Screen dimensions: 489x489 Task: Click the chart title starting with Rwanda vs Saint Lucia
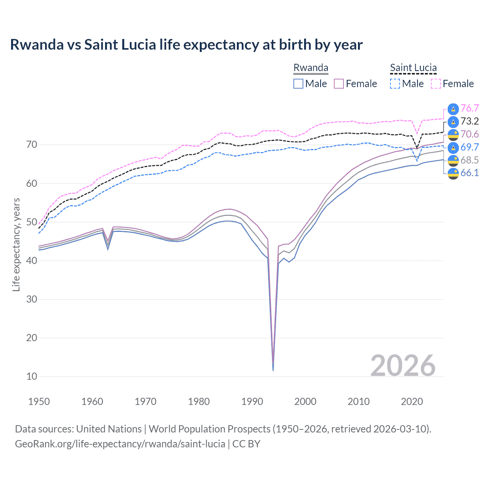tap(186, 45)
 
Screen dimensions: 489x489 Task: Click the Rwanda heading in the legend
tap(311, 68)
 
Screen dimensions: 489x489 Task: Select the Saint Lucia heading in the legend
tap(413, 68)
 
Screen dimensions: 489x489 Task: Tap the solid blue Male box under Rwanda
tap(298, 84)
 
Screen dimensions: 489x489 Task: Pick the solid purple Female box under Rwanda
tap(339, 84)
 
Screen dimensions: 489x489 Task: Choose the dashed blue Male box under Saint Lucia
tap(395, 84)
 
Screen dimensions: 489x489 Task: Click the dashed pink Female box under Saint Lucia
tap(436, 84)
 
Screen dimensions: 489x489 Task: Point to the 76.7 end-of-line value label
tap(470, 108)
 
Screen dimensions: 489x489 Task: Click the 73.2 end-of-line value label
tap(470, 121)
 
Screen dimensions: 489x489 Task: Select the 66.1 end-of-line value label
tap(470, 173)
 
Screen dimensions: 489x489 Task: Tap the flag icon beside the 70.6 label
tap(453, 134)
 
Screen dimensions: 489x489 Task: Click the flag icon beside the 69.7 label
tap(453, 147)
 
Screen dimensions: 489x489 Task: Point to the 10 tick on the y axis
tap(32, 377)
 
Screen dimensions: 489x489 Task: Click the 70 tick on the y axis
tap(32, 145)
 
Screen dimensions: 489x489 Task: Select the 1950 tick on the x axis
tap(39, 402)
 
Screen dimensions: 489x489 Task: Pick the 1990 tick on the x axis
tap(252, 402)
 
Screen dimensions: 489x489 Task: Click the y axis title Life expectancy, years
tap(16, 244)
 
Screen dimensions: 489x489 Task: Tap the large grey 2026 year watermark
tap(403, 366)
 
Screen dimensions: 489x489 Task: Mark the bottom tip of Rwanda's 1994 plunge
tap(273, 370)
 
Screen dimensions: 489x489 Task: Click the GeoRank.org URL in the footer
tap(120, 444)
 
